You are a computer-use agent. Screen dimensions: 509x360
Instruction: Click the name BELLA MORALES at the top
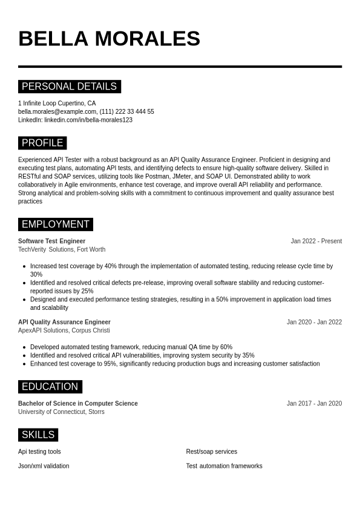[x=109, y=39]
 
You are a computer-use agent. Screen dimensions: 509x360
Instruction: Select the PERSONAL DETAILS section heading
[x=69, y=87]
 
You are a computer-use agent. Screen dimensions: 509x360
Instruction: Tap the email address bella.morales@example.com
[x=57, y=111]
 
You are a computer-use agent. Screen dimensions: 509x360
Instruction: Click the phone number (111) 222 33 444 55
[x=126, y=111]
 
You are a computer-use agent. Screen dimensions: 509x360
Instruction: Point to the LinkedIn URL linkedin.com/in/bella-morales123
[x=88, y=120]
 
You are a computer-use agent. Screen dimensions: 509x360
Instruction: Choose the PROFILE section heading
[x=42, y=143]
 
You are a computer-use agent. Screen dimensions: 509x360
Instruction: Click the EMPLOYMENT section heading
[x=55, y=225]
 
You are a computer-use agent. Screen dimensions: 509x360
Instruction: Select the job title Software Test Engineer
[x=51, y=241]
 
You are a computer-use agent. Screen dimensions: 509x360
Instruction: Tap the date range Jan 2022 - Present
[x=316, y=241]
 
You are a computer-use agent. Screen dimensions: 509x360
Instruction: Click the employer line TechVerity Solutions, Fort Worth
[x=62, y=249]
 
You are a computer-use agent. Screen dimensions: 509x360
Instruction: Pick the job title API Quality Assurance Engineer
[x=64, y=322]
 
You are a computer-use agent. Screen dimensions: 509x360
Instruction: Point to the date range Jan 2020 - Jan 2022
[x=314, y=322]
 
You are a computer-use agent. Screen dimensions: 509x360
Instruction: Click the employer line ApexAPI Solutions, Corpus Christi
[x=64, y=330]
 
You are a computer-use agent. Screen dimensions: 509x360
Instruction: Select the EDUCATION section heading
[x=50, y=387]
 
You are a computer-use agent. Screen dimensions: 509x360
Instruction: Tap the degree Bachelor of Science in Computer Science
[x=78, y=403]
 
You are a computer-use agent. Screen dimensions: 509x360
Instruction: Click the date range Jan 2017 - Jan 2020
[x=314, y=403]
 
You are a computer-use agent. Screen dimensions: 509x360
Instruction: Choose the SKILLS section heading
[x=38, y=435]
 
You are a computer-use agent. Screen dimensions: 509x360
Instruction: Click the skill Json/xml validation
[x=44, y=466]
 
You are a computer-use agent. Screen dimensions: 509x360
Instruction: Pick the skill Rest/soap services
[x=211, y=452]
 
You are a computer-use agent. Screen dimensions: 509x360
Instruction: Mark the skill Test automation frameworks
[x=224, y=466]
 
